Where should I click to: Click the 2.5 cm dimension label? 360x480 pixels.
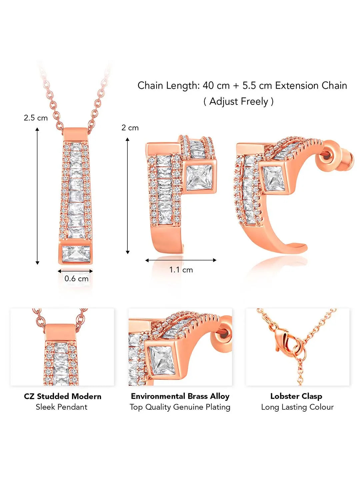pos(36,118)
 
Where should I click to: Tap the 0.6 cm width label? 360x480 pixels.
pos(76,279)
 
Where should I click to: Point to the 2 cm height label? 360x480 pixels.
pos(130,128)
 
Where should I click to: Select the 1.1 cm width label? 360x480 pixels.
pos(181,270)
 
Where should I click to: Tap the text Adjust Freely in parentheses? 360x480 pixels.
pos(238,101)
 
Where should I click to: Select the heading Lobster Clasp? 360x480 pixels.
pos(296,396)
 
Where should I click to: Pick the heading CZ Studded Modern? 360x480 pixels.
pos(63,396)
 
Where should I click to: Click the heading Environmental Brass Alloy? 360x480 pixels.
pos(180,396)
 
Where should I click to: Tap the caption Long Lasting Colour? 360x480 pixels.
pos(297,407)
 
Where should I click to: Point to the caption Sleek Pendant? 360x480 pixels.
pos(62,407)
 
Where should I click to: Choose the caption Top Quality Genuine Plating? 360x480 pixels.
pos(180,407)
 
